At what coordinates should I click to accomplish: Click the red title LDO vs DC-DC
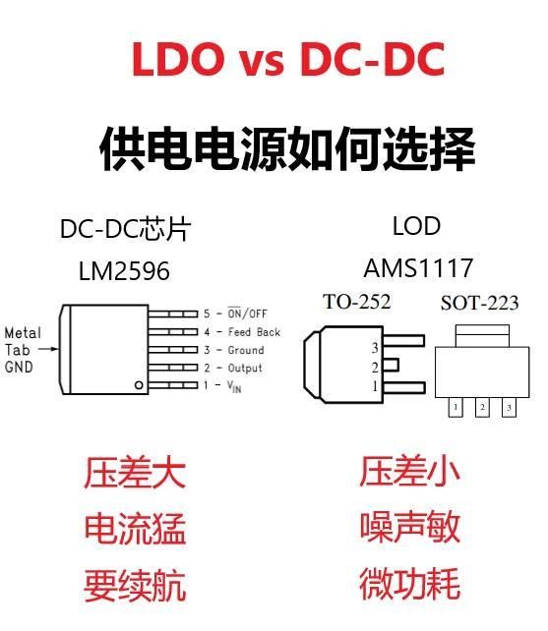(x=288, y=59)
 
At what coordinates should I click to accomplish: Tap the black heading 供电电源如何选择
(x=287, y=148)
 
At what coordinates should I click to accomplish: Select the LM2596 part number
(x=124, y=271)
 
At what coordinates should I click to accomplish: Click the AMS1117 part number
(x=418, y=267)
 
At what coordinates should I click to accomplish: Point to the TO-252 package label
(x=356, y=302)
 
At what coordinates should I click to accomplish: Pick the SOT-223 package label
(x=479, y=303)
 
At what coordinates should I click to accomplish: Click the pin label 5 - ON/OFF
(x=235, y=314)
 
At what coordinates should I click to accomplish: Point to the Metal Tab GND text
(x=23, y=350)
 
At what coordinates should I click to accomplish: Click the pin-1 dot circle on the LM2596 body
(x=139, y=385)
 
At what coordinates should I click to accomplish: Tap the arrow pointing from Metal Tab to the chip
(x=48, y=349)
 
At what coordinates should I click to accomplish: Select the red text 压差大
(x=135, y=472)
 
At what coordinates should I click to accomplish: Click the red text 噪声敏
(x=410, y=527)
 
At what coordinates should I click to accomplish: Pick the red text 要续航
(x=135, y=585)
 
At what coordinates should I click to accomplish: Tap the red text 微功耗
(x=410, y=584)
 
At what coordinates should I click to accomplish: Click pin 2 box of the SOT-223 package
(x=482, y=407)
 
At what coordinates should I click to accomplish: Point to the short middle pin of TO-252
(x=391, y=365)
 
